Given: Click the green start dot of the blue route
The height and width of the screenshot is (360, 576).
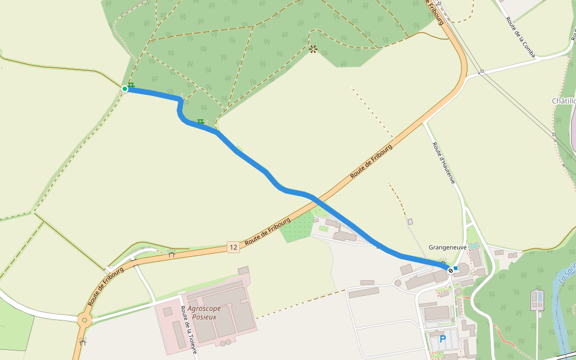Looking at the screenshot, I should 125,89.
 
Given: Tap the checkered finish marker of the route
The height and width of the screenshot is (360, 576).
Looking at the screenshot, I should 450,271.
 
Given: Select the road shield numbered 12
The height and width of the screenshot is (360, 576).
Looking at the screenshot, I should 233,247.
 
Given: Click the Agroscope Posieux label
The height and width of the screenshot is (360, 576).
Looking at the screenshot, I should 204,313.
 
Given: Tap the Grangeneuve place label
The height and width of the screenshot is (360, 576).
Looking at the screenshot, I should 448,247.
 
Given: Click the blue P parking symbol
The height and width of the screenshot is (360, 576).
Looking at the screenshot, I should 443,340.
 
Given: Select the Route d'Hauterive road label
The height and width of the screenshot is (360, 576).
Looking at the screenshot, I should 443,163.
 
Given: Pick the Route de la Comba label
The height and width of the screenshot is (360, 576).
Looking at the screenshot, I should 520,33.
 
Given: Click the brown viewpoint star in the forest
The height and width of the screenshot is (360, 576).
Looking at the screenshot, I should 313,49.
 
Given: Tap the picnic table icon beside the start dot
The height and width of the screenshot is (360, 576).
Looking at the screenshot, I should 131,85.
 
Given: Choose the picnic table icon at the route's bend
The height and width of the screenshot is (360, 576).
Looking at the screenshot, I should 201,122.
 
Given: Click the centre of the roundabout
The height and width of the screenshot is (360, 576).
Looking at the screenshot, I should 84,320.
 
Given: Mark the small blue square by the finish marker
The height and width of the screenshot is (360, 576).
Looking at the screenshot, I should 456,268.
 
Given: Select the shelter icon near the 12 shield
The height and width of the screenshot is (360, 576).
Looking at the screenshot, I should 171,254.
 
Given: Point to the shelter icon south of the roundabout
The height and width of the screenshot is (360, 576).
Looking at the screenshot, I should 82,342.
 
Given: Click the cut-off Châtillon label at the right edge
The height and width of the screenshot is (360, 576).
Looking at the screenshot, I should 564,101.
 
